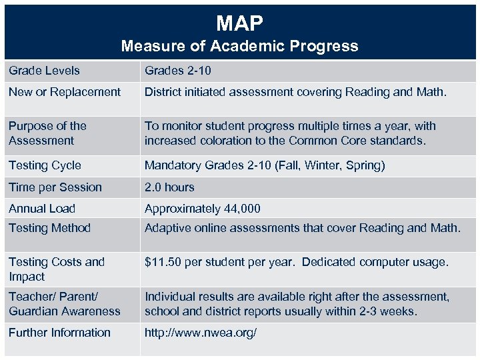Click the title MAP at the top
239,23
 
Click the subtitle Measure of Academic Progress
239,46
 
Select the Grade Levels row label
44,71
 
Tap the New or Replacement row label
65,92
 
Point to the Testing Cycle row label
45,165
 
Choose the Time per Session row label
55,187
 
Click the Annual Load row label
42,209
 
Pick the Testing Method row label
49,228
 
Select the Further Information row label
59,333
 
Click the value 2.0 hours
169,187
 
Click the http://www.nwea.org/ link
201,333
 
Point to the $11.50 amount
163,262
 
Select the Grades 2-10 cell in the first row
178,71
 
